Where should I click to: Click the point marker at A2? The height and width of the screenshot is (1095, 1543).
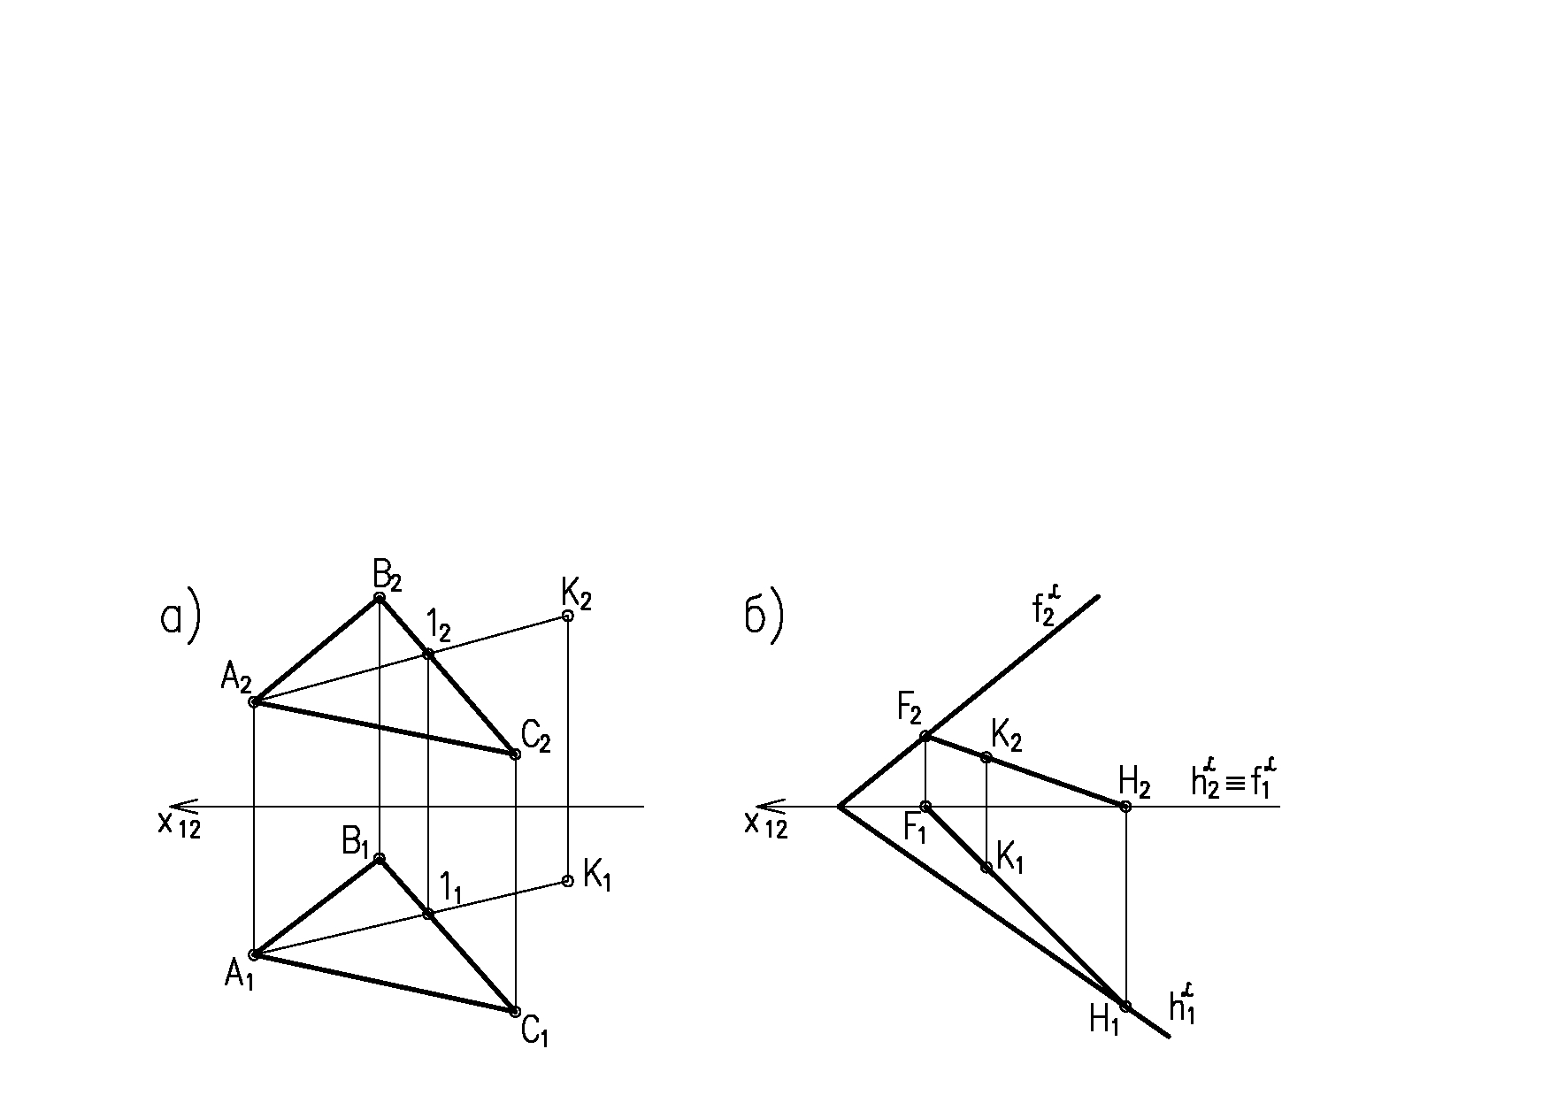point(254,702)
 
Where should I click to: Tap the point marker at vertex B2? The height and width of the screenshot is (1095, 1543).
point(380,598)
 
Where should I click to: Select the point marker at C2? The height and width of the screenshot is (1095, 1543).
point(515,754)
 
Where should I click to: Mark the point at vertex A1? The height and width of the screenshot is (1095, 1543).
point(254,954)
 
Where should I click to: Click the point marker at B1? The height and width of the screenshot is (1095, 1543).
point(380,858)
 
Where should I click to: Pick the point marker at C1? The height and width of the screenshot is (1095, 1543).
point(515,1011)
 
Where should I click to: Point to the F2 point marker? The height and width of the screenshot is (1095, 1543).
point(925,736)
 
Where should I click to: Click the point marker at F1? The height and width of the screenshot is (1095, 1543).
point(925,807)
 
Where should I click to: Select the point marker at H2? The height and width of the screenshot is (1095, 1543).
point(1125,807)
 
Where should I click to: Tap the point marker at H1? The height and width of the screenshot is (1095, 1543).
point(1125,1006)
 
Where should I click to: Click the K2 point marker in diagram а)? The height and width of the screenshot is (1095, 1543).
point(568,616)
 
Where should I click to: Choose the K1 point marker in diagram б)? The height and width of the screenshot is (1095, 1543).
point(986,867)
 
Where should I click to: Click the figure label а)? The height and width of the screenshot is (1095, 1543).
point(180,618)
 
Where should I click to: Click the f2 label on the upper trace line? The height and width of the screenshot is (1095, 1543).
point(1046,609)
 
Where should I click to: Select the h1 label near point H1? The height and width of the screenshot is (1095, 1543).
point(1183,1007)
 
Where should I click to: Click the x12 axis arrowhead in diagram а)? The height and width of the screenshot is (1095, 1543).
point(179,807)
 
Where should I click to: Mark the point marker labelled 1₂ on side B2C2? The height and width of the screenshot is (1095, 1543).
point(428,654)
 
